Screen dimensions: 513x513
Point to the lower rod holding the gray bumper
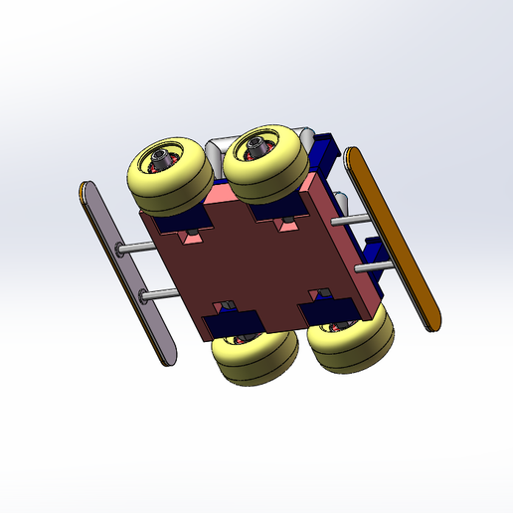158,293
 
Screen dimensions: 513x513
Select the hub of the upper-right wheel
256,151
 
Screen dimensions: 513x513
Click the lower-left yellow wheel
255,360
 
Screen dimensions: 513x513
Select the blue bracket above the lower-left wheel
231,321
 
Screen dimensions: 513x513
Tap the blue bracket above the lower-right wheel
330,309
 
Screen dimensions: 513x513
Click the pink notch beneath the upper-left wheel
187,237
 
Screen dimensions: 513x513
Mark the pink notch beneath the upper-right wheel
285,224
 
